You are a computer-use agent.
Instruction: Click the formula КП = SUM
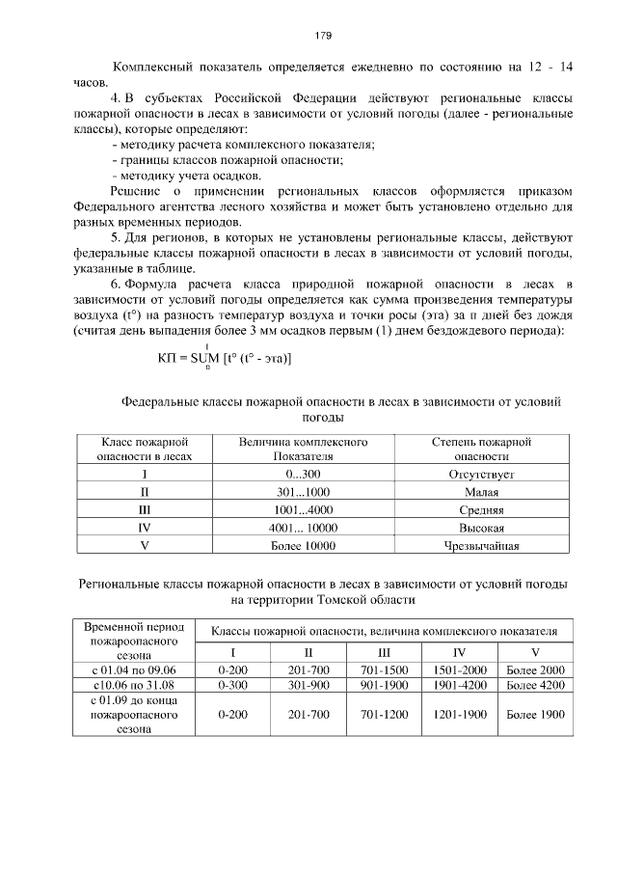[x=224, y=360]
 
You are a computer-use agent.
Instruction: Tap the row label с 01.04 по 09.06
[x=134, y=670]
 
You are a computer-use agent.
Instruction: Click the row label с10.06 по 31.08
[x=134, y=685]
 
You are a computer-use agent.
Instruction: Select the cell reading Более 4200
[x=535, y=685]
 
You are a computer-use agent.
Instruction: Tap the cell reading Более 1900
[x=535, y=715]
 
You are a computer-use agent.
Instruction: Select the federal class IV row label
[x=145, y=529]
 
